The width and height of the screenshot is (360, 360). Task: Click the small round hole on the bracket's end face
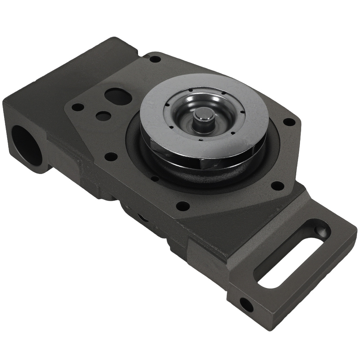pos(246,305)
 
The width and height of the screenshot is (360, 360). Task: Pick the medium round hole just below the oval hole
pos(103,116)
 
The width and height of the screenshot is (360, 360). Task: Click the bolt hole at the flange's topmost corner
pos(155,59)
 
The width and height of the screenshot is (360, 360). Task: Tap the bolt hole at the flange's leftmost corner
pos(78,107)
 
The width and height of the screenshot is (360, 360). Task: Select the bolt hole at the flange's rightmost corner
pos(289,122)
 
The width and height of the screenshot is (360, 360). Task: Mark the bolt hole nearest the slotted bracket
pos(277,186)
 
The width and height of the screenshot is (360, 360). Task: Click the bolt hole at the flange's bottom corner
pos(183,206)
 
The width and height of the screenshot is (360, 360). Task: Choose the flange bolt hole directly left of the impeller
pos(111,157)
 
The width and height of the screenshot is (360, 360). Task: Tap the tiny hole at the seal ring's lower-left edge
pos(155,178)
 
